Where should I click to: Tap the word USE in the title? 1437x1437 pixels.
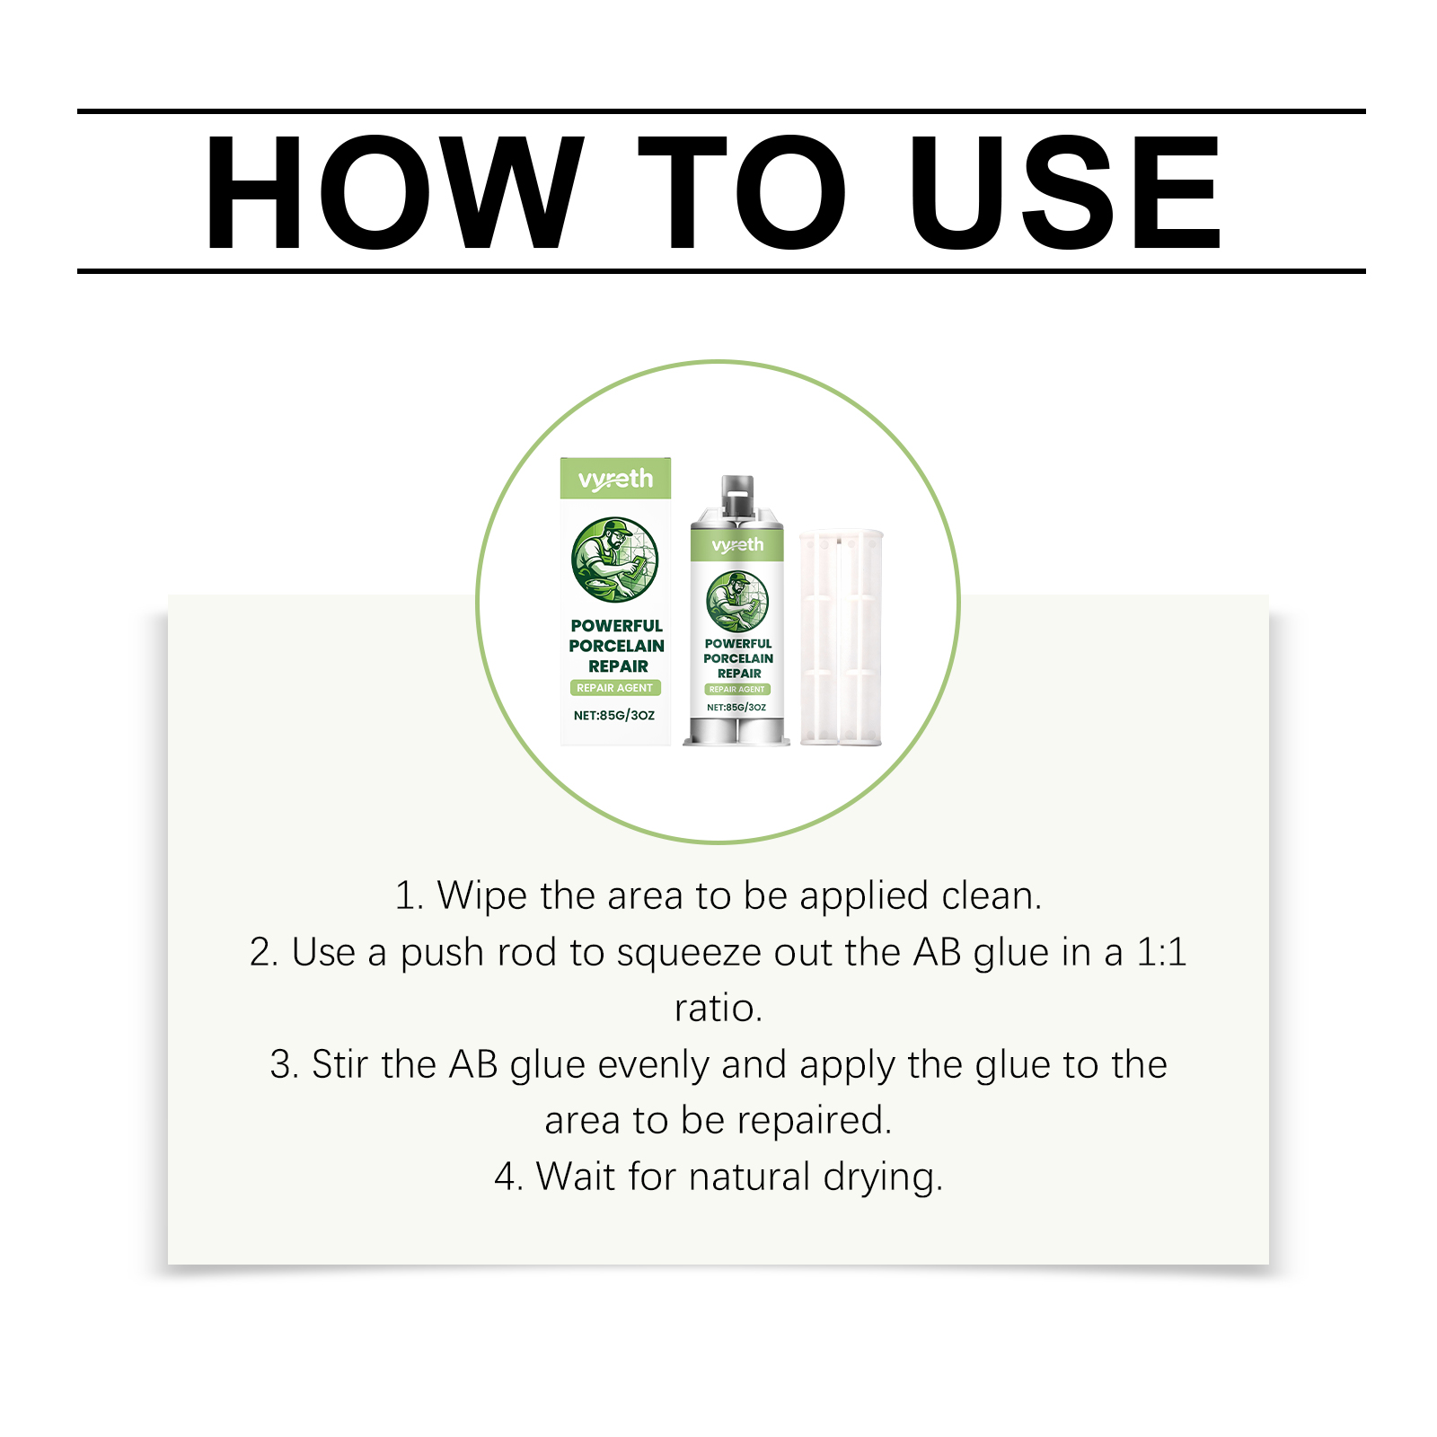click(x=1065, y=192)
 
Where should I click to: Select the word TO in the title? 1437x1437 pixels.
click(x=742, y=192)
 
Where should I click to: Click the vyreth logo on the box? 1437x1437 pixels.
click(x=615, y=480)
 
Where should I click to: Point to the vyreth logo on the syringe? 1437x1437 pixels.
click(x=737, y=545)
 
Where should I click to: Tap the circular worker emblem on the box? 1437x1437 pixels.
click(x=615, y=560)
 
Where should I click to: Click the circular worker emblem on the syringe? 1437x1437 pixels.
click(x=737, y=602)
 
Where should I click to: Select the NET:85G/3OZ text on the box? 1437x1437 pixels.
click(x=614, y=716)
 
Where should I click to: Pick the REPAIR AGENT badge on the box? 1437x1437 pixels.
click(x=615, y=688)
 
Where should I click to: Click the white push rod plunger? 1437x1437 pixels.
click(x=842, y=638)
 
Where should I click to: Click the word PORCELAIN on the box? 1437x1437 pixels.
click(x=617, y=646)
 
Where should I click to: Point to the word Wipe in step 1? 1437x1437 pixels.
click(x=482, y=896)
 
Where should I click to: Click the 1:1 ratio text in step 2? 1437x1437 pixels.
click(x=1162, y=952)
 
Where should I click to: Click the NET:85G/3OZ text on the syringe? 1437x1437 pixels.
click(x=736, y=708)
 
